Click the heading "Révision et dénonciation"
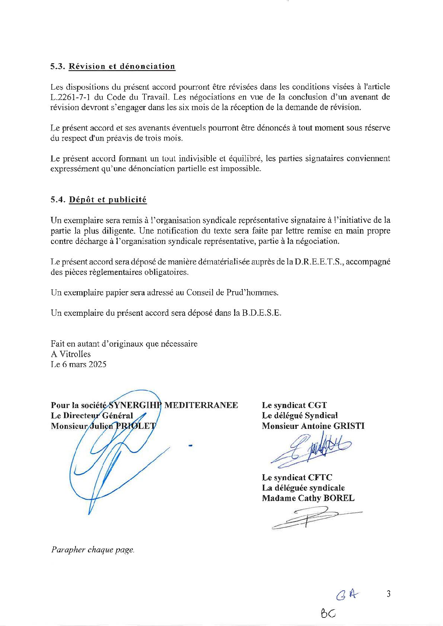pos(122,67)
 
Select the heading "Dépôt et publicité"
pos(108,200)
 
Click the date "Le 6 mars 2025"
pos(79,364)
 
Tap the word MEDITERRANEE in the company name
pos(201,405)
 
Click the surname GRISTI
pos(347,426)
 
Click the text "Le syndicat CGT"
pos(294,405)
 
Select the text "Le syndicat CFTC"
pos(297,477)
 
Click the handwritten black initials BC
pos(328,612)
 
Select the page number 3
pos(389,594)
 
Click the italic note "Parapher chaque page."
pos(93,550)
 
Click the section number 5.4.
pos(58,200)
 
